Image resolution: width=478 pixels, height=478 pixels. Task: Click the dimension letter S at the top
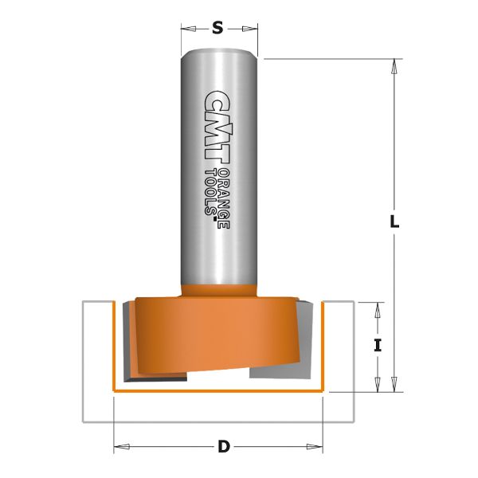click(217, 29)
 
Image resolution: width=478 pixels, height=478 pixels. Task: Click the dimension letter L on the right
click(394, 222)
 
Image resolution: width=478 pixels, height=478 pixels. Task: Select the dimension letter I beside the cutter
click(378, 346)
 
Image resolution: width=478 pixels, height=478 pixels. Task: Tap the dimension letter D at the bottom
click(223, 447)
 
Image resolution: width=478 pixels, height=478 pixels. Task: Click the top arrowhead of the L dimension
click(393, 66)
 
